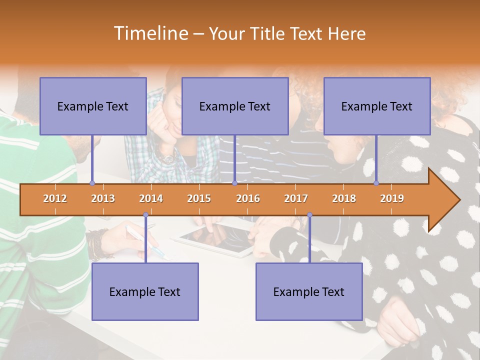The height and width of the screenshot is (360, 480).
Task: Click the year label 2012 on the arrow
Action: click(55, 198)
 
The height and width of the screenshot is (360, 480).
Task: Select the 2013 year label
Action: click(103, 198)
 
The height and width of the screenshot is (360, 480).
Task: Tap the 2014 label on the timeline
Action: click(151, 198)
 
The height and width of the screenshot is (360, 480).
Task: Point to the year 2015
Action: click(199, 198)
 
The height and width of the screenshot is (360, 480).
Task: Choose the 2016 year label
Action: click(248, 198)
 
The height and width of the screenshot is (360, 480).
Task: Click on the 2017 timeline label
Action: click(296, 198)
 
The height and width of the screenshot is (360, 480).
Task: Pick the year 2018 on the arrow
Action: click(344, 198)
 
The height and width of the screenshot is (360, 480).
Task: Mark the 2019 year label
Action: click(392, 198)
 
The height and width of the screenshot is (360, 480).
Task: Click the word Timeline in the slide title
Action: click(150, 33)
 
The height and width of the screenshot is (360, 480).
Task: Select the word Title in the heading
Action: click(269, 33)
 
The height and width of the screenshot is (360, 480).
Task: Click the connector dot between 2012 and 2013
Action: click(92, 183)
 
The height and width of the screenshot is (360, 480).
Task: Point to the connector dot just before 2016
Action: click(234, 183)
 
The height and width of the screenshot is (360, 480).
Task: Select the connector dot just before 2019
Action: click(376, 183)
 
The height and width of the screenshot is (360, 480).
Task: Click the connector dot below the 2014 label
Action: click(145, 215)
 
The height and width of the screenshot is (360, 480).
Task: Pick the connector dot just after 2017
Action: click(309, 215)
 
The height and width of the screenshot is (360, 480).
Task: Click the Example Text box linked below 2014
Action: click(145, 291)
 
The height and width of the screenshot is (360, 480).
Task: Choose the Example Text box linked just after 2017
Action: click(309, 291)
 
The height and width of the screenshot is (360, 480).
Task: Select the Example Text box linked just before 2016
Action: click(235, 106)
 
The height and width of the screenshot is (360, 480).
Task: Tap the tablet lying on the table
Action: click(215, 239)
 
